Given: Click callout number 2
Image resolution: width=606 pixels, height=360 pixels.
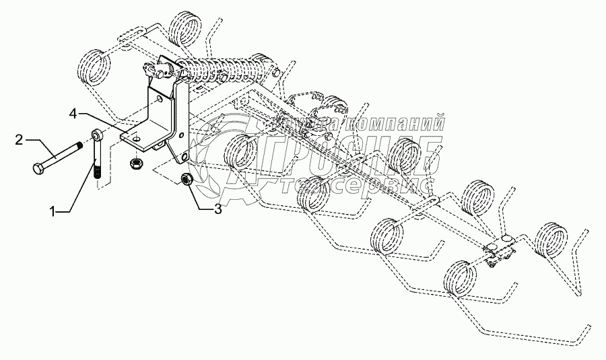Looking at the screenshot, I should [x=20, y=139].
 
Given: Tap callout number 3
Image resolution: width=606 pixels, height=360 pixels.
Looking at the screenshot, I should [x=217, y=209].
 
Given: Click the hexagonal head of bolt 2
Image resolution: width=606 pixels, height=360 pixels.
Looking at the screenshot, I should [x=37, y=167].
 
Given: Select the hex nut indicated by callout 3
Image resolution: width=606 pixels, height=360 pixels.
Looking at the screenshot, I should [x=187, y=179].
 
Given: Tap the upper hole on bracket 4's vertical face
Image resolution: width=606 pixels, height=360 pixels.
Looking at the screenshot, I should [x=157, y=99].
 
